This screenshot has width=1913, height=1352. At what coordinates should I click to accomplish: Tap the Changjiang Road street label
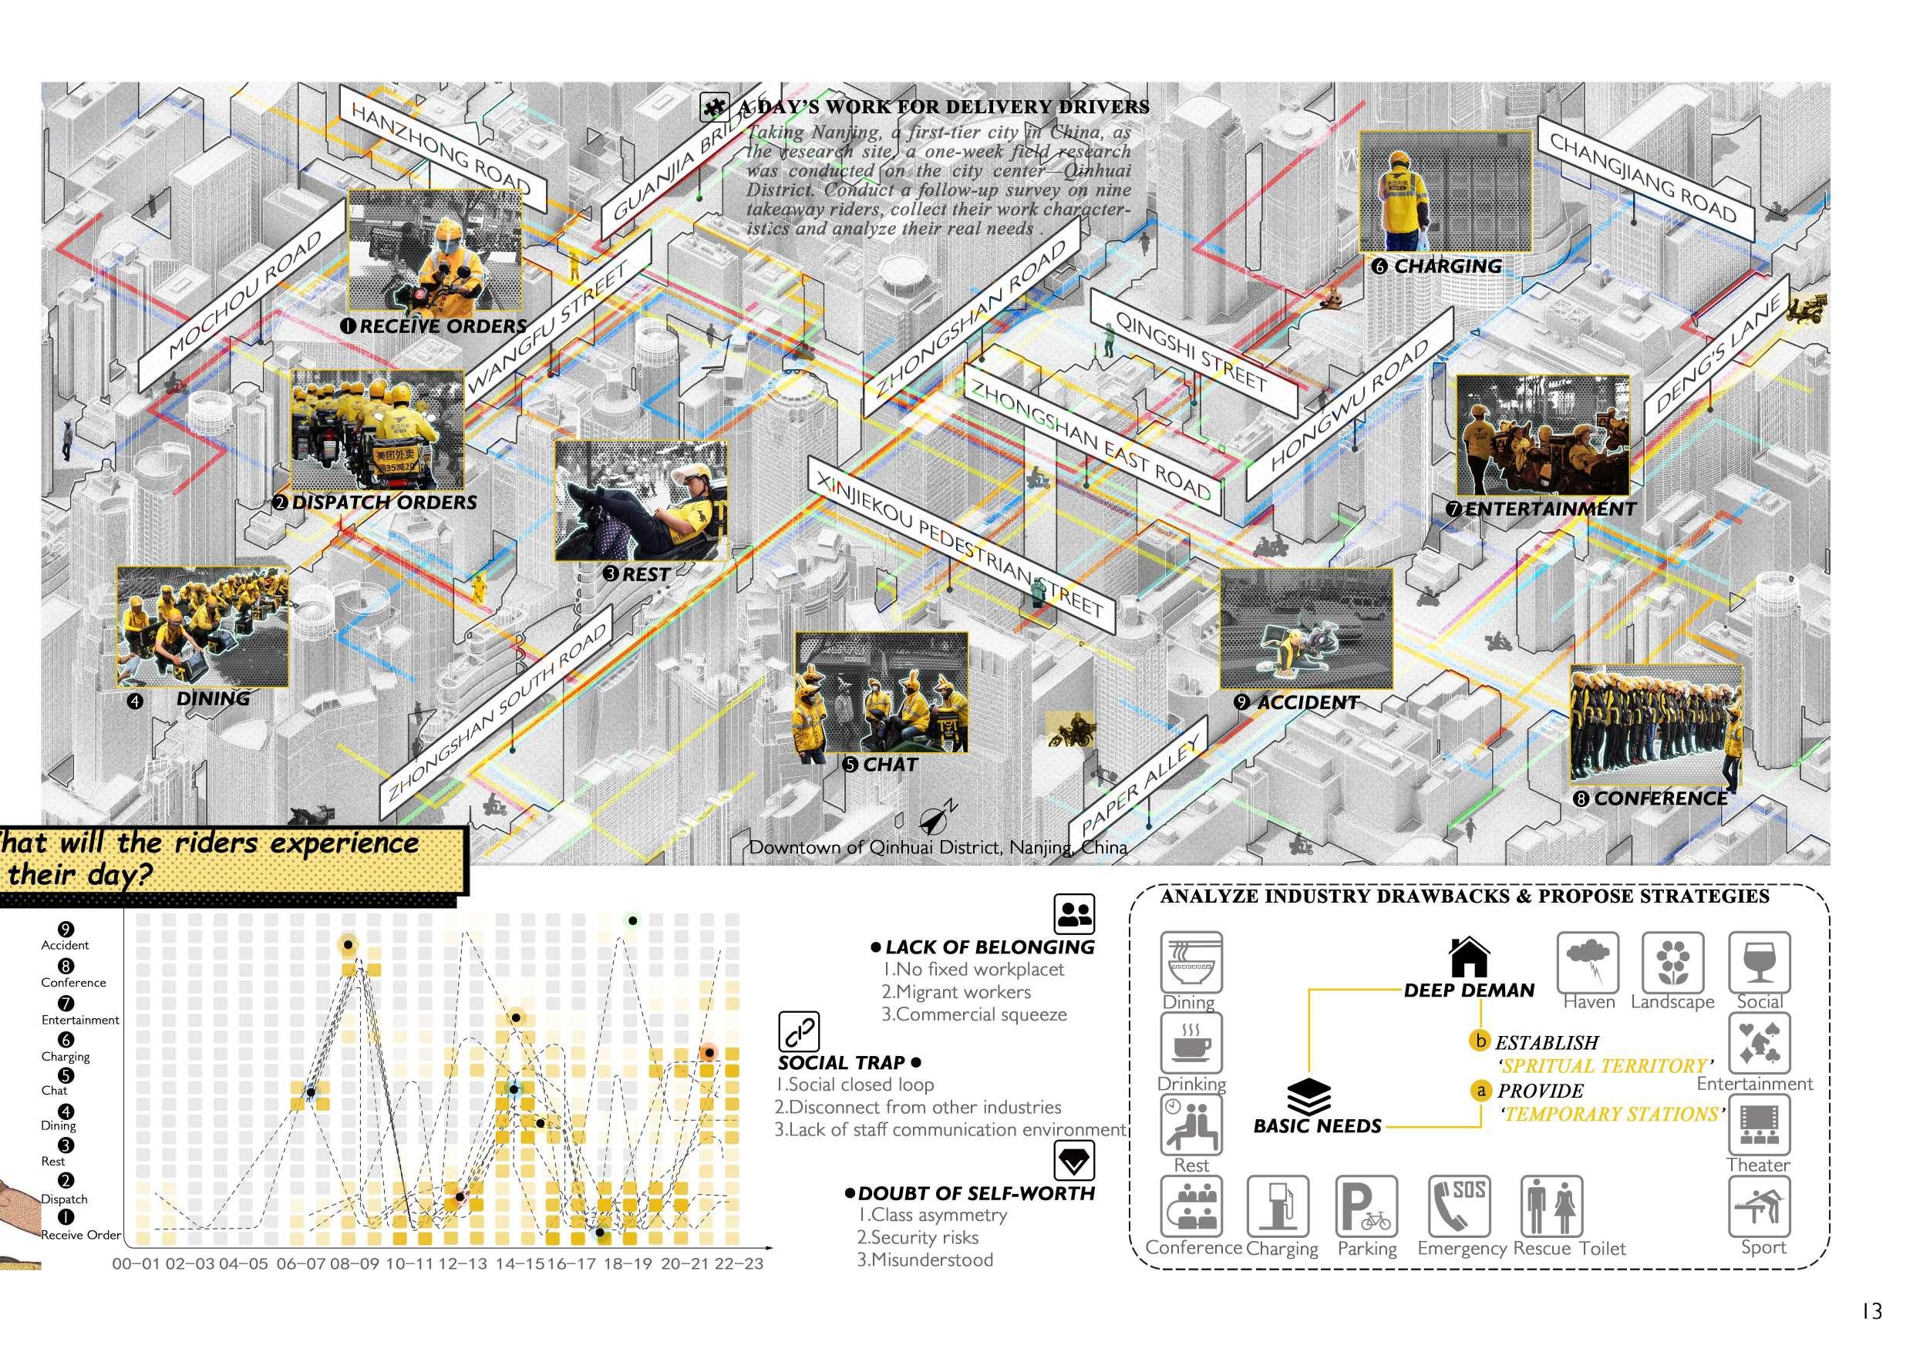tap(1642, 179)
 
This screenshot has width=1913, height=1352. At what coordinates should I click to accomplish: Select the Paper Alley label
tap(1142, 787)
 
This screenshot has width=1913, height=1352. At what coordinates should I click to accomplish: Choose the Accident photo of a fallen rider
tap(1305, 628)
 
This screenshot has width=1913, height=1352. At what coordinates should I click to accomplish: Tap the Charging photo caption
tap(1447, 267)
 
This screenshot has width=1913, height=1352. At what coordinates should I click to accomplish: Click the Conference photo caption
tap(1661, 798)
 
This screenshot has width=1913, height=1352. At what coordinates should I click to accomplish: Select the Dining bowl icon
tap(1191, 963)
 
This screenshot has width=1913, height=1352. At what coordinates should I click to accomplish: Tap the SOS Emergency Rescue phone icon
tap(1458, 1206)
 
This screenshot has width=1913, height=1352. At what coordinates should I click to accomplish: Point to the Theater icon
tap(1759, 1125)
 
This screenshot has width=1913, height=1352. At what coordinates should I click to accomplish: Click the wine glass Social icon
tap(1759, 963)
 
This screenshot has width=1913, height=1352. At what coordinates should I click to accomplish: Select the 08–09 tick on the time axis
tap(354, 1263)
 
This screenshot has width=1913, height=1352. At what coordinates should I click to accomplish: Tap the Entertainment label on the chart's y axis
tap(80, 1020)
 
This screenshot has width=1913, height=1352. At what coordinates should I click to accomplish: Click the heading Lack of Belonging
tap(989, 947)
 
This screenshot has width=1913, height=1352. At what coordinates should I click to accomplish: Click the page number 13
tap(1871, 1311)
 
